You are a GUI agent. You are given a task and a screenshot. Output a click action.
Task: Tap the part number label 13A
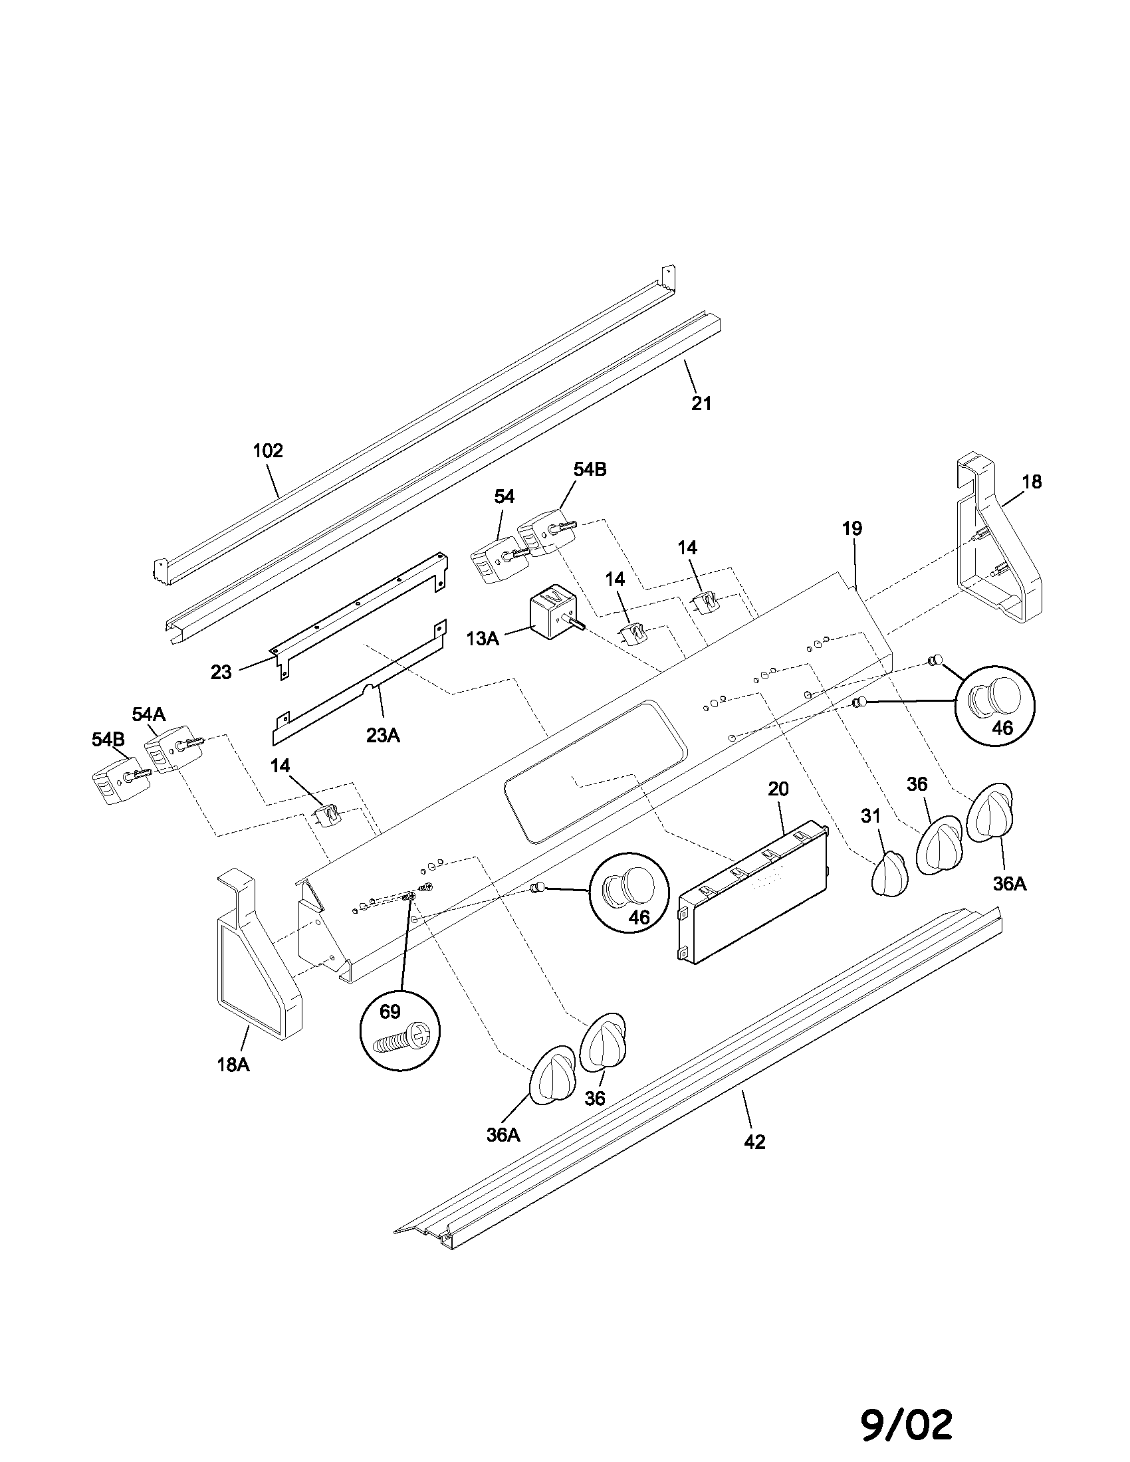click(x=483, y=639)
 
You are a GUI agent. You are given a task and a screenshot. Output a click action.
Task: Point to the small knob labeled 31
click(x=889, y=874)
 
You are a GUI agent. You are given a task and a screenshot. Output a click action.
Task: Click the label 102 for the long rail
click(x=268, y=451)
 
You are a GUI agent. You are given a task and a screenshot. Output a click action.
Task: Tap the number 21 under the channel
click(x=701, y=403)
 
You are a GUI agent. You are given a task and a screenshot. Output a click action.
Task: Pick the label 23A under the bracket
click(x=383, y=736)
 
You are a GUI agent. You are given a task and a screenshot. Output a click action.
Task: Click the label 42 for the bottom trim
click(x=754, y=1142)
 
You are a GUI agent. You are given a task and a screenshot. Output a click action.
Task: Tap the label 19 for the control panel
click(x=852, y=528)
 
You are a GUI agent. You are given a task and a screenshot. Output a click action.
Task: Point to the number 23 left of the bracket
click(x=221, y=672)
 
